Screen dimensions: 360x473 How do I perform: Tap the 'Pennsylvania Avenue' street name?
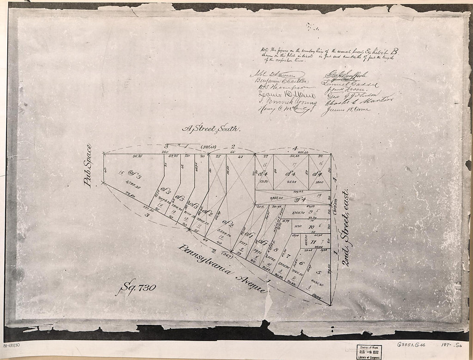pos(222,268)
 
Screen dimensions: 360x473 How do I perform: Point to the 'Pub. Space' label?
pos(88,165)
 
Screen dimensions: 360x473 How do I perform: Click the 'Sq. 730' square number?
pos(135,288)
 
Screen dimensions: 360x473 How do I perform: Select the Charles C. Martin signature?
pos(356,102)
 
